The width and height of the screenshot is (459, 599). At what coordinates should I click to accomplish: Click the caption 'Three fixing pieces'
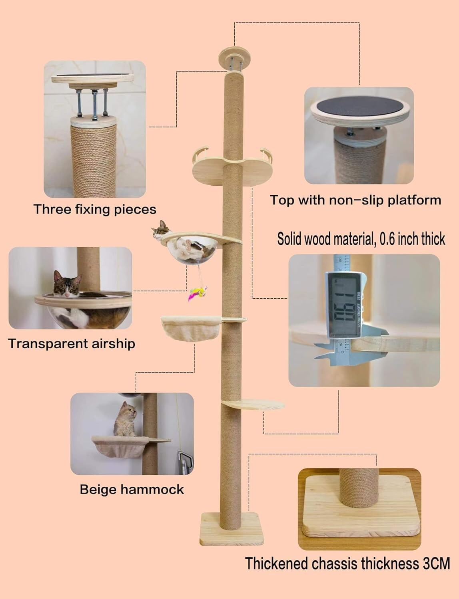(95, 209)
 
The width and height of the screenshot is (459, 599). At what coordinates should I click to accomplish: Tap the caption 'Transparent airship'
(72, 343)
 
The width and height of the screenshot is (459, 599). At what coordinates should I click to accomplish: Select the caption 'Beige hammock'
(132, 489)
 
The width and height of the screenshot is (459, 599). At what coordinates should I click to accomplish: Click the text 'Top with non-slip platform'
(355, 200)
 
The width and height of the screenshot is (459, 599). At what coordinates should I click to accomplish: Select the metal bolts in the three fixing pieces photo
(94, 104)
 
